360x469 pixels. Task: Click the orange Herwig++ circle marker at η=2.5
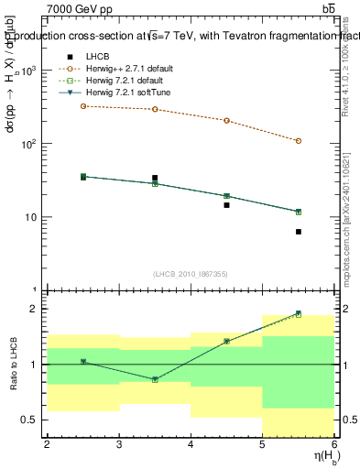coord(83,106)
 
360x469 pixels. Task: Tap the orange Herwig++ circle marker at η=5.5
coord(299,141)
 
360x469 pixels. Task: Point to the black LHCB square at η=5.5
coord(299,232)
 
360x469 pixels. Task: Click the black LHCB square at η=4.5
coord(226,205)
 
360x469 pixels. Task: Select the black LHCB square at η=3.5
coord(155,178)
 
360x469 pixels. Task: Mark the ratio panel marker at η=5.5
coord(299,313)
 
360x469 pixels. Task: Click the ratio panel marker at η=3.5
coord(155,379)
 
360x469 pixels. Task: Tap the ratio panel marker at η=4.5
coord(226,341)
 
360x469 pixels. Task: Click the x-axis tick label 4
coord(191,444)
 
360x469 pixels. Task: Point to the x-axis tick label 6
coord(334,444)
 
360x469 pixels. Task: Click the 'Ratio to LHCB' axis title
coord(13,366)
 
